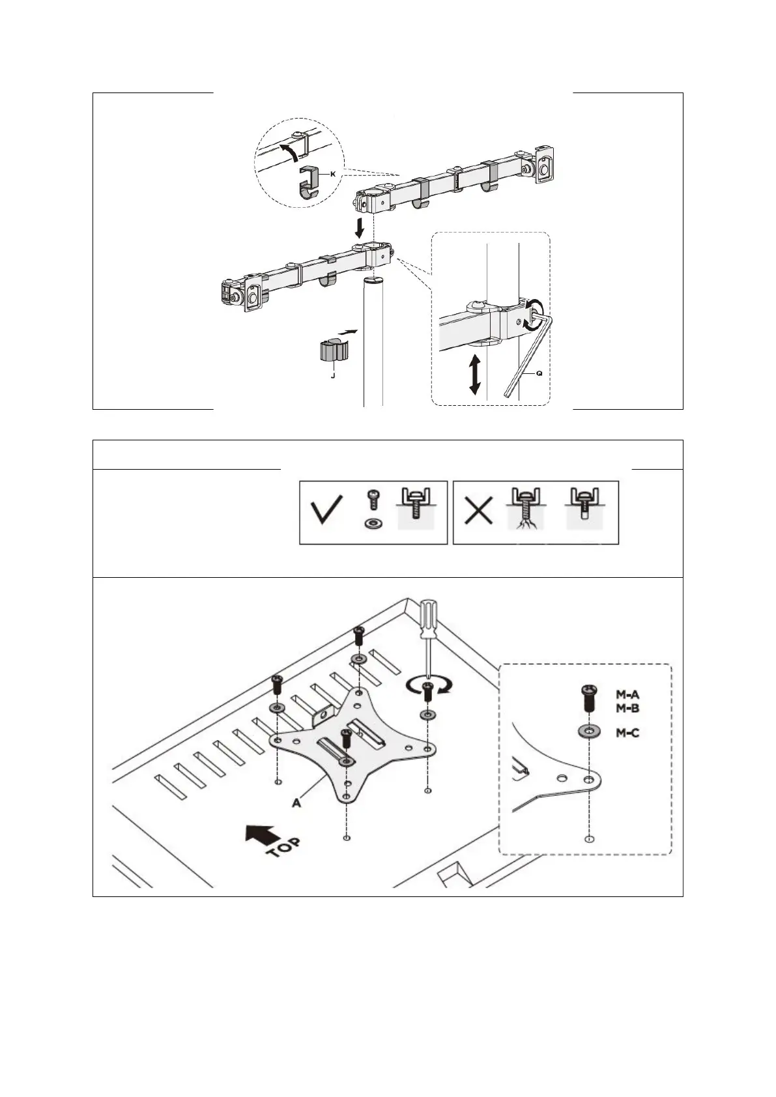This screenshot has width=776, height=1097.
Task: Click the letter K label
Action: (x=333, y=174)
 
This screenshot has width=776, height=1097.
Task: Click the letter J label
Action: (x=332, y=375)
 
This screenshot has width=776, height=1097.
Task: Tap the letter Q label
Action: (x=539, y=374)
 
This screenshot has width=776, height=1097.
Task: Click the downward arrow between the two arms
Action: (x=358, y=228)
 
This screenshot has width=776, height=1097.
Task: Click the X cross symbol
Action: (x=478, y=512)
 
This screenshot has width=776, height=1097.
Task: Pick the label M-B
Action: (x=627, y=707)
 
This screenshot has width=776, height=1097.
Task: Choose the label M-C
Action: (x=627, y=733)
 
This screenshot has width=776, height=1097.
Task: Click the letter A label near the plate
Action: (x=296, y=803)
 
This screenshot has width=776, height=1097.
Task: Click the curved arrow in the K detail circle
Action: (x=291, y=151)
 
